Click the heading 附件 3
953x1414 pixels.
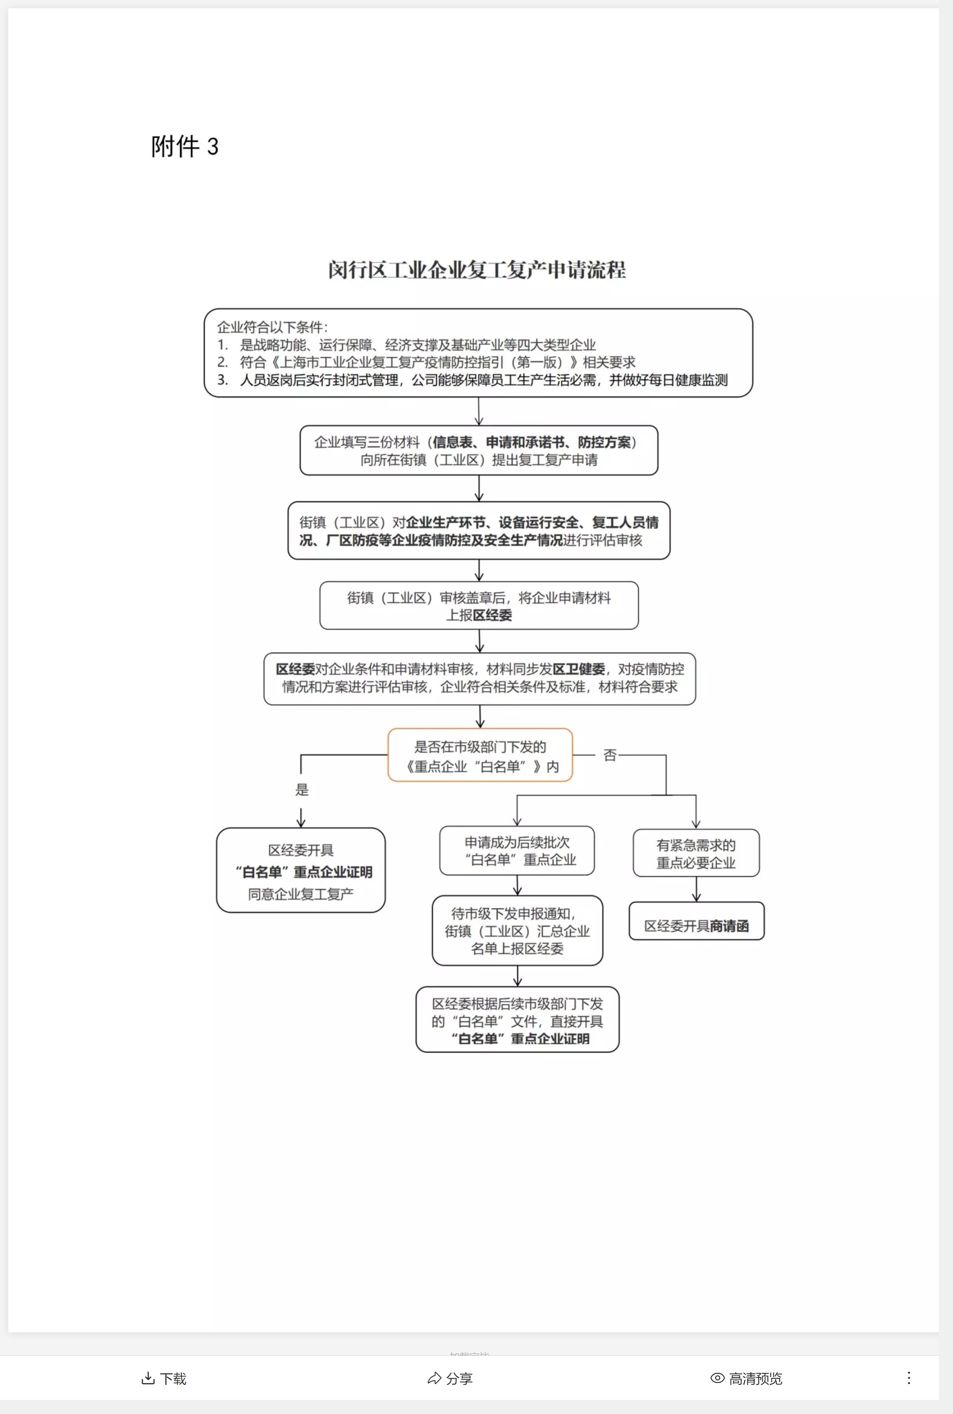point(185,146)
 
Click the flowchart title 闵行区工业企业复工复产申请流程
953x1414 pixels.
point(477,270)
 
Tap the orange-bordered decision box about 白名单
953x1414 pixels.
point(480,756)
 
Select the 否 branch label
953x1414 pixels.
point(610,755)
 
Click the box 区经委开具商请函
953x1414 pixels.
point(696,926)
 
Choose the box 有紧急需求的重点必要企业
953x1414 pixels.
point(696,853)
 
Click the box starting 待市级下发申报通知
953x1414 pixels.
point(517,931)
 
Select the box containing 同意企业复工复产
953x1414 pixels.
point(301,871)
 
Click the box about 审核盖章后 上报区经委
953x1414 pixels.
point(479,606)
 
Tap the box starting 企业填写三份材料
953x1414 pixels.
point(479,451)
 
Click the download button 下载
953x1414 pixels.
point(164,1378)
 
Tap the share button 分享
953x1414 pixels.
point(450,1378)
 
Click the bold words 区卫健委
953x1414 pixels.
point(579,669)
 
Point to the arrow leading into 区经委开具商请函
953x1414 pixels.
point(696,890)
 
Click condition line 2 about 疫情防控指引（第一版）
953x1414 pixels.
point(436,363)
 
